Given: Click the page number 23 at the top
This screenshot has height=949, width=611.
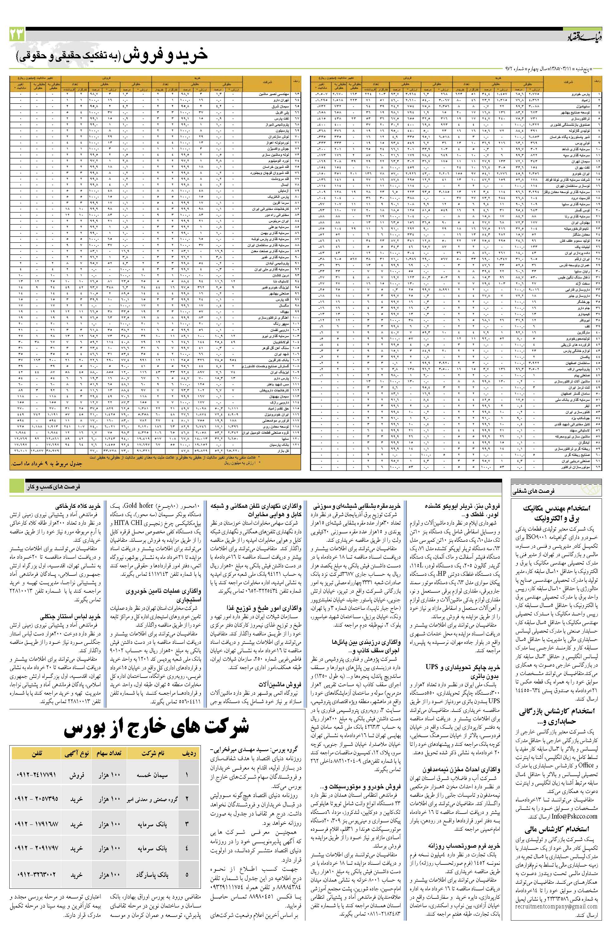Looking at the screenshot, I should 17,35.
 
